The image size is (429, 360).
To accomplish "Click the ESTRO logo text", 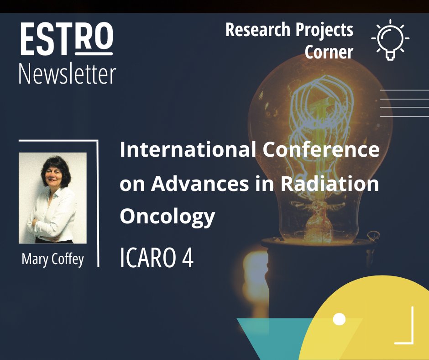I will (66, 40).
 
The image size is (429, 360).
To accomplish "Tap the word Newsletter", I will (67, 74).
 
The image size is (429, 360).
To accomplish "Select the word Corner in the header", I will (329, 52).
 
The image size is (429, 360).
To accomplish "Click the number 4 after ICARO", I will (188, 258).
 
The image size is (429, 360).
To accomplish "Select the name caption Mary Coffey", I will (53, 259).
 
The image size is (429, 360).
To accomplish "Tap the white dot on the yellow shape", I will (339, 319).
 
